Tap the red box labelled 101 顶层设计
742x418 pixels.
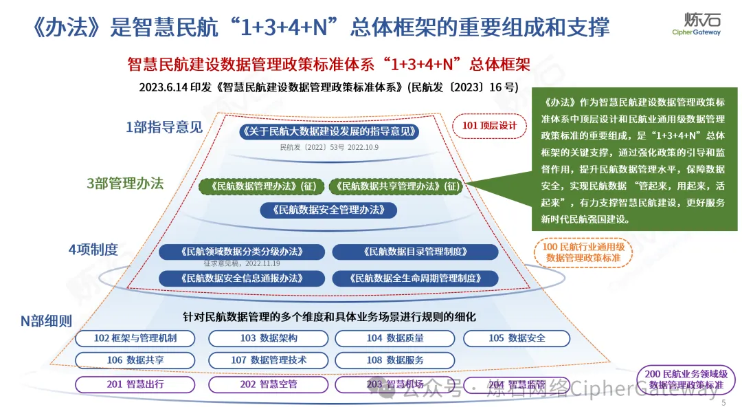tap(488, 126)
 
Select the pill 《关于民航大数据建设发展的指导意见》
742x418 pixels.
tap(329, 131)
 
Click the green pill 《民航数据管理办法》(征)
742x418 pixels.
tap(261, 186)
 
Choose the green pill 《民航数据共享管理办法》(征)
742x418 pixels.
tap(394, 186)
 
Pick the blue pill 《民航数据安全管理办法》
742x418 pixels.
tap(329, 210)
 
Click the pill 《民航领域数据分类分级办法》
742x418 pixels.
tap(241, 252)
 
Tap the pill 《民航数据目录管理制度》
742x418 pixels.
tap(415, 252)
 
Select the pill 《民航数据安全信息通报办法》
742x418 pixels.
tap(241, 278)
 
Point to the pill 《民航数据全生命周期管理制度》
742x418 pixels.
tap(415, 278)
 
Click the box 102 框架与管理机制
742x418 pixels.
tap(135, 338)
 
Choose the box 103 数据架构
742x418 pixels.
tap(268, 338)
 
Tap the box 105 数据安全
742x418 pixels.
tap(517, 338)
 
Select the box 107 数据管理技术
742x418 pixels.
tap(268, 360)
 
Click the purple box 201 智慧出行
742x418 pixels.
tap(135, 384)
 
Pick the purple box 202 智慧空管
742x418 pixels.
tap(268, 384)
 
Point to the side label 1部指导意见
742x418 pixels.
tap(164, 126)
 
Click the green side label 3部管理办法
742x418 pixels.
tap(125, 184)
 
